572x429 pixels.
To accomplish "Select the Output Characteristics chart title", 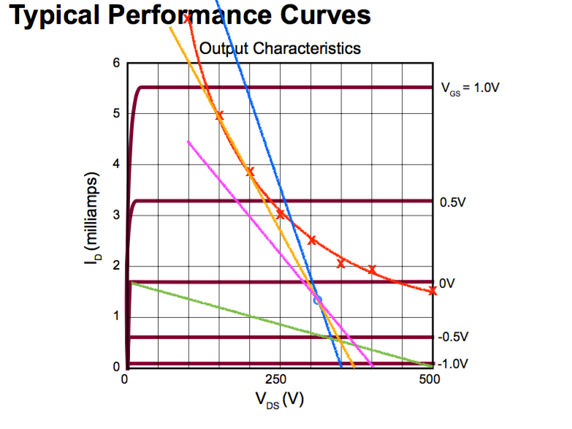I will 281,49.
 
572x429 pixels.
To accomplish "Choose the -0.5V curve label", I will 454,337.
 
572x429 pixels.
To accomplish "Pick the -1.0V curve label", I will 454,363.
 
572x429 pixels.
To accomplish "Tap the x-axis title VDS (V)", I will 279,400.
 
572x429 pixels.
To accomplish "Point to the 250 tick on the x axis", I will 275,379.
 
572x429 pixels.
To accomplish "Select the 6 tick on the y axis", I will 115,63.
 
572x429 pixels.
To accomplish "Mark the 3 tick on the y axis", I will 115,215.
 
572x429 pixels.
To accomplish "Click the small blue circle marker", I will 318,300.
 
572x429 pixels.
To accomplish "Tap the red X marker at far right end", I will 432,290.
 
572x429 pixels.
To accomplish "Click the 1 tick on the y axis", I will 115,316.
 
